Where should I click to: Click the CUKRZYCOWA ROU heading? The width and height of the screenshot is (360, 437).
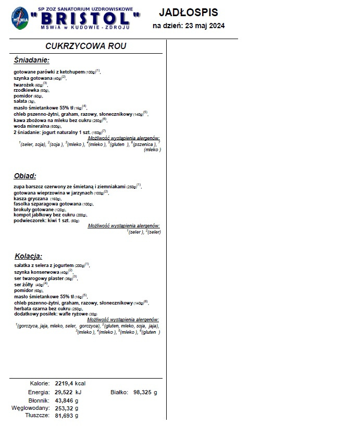(86, 46)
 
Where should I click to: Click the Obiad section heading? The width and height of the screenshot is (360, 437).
(25, 176)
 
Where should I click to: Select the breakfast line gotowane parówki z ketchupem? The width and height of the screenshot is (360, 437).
(49, 71)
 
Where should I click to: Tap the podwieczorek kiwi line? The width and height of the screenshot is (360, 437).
(39, 221)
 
